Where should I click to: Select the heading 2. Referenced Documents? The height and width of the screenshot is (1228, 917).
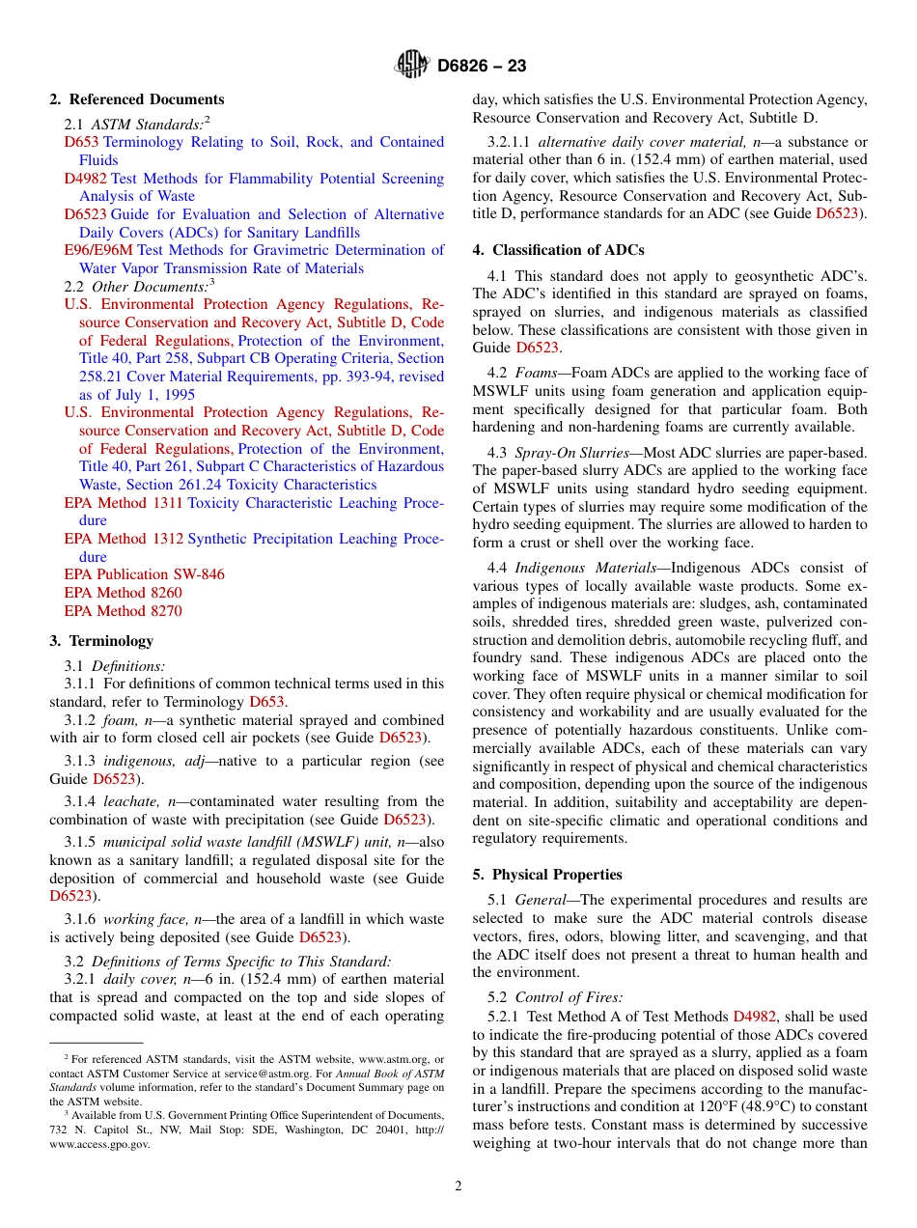pos(137,99)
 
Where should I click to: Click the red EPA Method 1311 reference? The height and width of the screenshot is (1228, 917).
pos(124,503)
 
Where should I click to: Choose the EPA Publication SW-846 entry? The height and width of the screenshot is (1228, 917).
pos(144,574)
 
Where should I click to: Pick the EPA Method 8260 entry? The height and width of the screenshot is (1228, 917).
pos(123,593)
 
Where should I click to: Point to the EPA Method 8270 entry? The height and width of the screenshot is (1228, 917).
pos(123,611)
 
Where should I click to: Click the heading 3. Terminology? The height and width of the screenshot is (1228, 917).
pos(100,641)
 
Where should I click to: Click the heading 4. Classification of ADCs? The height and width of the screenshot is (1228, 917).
pos(558,250)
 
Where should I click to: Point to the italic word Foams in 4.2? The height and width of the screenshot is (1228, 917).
pos(536,373)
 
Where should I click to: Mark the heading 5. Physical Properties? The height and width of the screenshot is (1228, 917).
pos(547,875)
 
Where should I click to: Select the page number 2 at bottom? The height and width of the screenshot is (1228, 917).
pos(458,1186)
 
